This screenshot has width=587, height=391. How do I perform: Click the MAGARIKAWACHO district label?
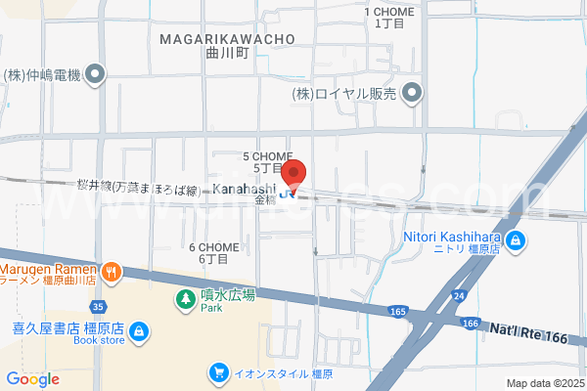click(225, 39)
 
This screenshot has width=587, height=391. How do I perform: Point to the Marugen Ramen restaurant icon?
click(112, 271)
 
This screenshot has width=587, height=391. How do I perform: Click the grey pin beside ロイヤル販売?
click(413, 94)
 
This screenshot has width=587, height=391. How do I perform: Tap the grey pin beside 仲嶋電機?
click(94, 73)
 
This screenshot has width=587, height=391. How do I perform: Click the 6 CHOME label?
click(214, 247)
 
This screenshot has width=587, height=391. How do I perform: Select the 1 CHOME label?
click(389, 12)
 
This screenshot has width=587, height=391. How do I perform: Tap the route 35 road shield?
click(101, 306)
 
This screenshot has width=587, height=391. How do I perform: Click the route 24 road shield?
click(458, 294)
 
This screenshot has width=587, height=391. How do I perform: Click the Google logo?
click(32, 379)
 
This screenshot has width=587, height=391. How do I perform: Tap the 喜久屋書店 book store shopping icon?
click(140, 331)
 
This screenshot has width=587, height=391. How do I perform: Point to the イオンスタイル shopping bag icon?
click(221, 372)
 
